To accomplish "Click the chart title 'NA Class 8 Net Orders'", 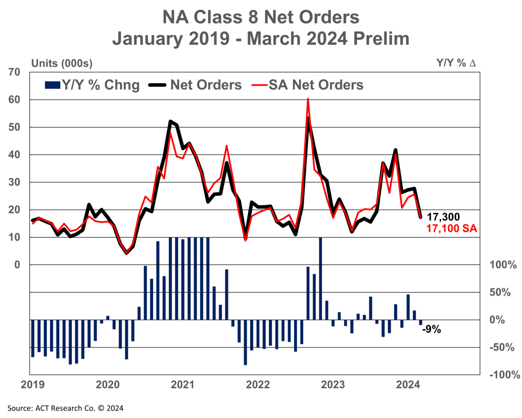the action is [x=261, y=17].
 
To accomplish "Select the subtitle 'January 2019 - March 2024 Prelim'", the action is [x=261, y=39].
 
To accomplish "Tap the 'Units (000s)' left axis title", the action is [x=62, y=64].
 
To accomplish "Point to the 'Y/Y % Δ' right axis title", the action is [x=456, y=63].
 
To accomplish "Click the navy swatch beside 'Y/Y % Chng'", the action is [x=52, y=85].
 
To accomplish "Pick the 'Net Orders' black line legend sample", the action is [x=157, y=85].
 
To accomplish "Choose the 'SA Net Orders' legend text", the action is [x=316, y=85].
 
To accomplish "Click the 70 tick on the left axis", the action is [x=14, y=72].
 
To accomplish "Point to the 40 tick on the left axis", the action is [x=14, y=155].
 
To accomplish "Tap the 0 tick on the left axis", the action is [x=17, y=265].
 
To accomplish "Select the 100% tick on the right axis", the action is [x=503, y=264].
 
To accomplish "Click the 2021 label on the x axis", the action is [x=183, y=385].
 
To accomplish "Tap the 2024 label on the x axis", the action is [x=408, y=385].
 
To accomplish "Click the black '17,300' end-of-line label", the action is [x=443, y=217].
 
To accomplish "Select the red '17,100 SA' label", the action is [x=452, y=228].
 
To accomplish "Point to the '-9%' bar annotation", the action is [x=432, y=329].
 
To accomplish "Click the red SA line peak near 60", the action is [x=308, y=99].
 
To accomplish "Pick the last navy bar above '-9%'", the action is [x=421, y=322].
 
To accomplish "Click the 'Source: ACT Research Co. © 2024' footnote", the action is [x=65, y=408].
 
